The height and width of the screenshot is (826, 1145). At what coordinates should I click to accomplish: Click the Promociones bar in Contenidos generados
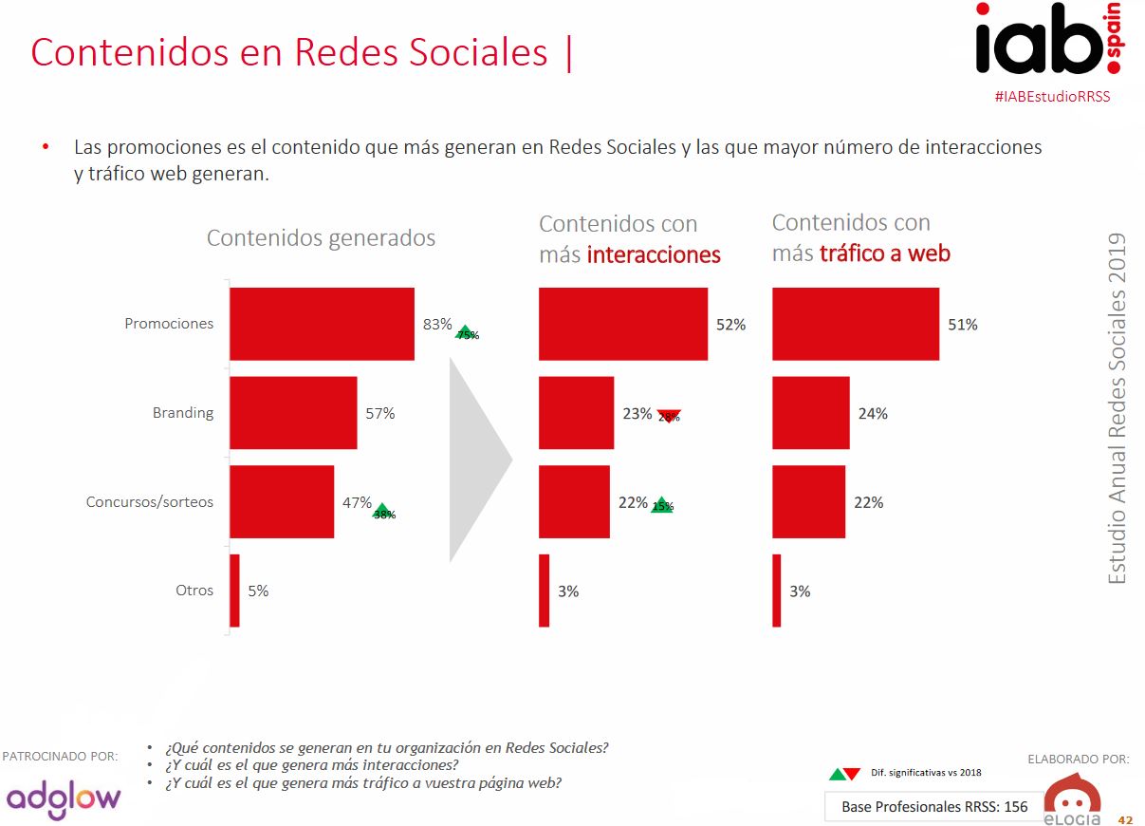[x=322, y=324]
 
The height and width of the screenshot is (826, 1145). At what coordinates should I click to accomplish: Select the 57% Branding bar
[x=293, y=413]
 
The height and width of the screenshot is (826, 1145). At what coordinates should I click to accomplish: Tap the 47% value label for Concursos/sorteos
[x=357, y=502]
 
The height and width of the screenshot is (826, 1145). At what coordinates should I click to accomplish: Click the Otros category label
[x=194, y=591]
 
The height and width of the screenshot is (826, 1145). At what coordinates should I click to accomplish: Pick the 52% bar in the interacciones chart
[x=622, y=324]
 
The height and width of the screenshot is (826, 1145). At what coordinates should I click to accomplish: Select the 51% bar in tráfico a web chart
[x=855, y=324]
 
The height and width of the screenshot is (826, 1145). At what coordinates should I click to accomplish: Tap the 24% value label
[x=873, y=414]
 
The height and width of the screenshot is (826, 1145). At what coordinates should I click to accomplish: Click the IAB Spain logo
[x=1048, y=40]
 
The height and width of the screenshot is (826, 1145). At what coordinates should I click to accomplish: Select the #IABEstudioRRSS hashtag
[x=1052, y=97]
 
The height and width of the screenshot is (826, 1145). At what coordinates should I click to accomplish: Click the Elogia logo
[x=1072, y=799]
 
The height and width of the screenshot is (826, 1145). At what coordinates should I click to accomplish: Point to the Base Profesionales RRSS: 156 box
[x=933, y=807]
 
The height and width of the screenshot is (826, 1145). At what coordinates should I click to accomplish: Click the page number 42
[x=1125, y=819]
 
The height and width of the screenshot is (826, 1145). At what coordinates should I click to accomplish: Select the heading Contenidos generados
[x=321, y=238]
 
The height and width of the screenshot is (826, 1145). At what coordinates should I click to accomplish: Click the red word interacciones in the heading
[x=654, y=254]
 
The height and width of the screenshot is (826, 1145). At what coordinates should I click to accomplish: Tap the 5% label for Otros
[x=258, y=591]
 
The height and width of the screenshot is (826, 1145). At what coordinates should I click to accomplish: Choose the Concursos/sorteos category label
[x=150, y=502]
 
